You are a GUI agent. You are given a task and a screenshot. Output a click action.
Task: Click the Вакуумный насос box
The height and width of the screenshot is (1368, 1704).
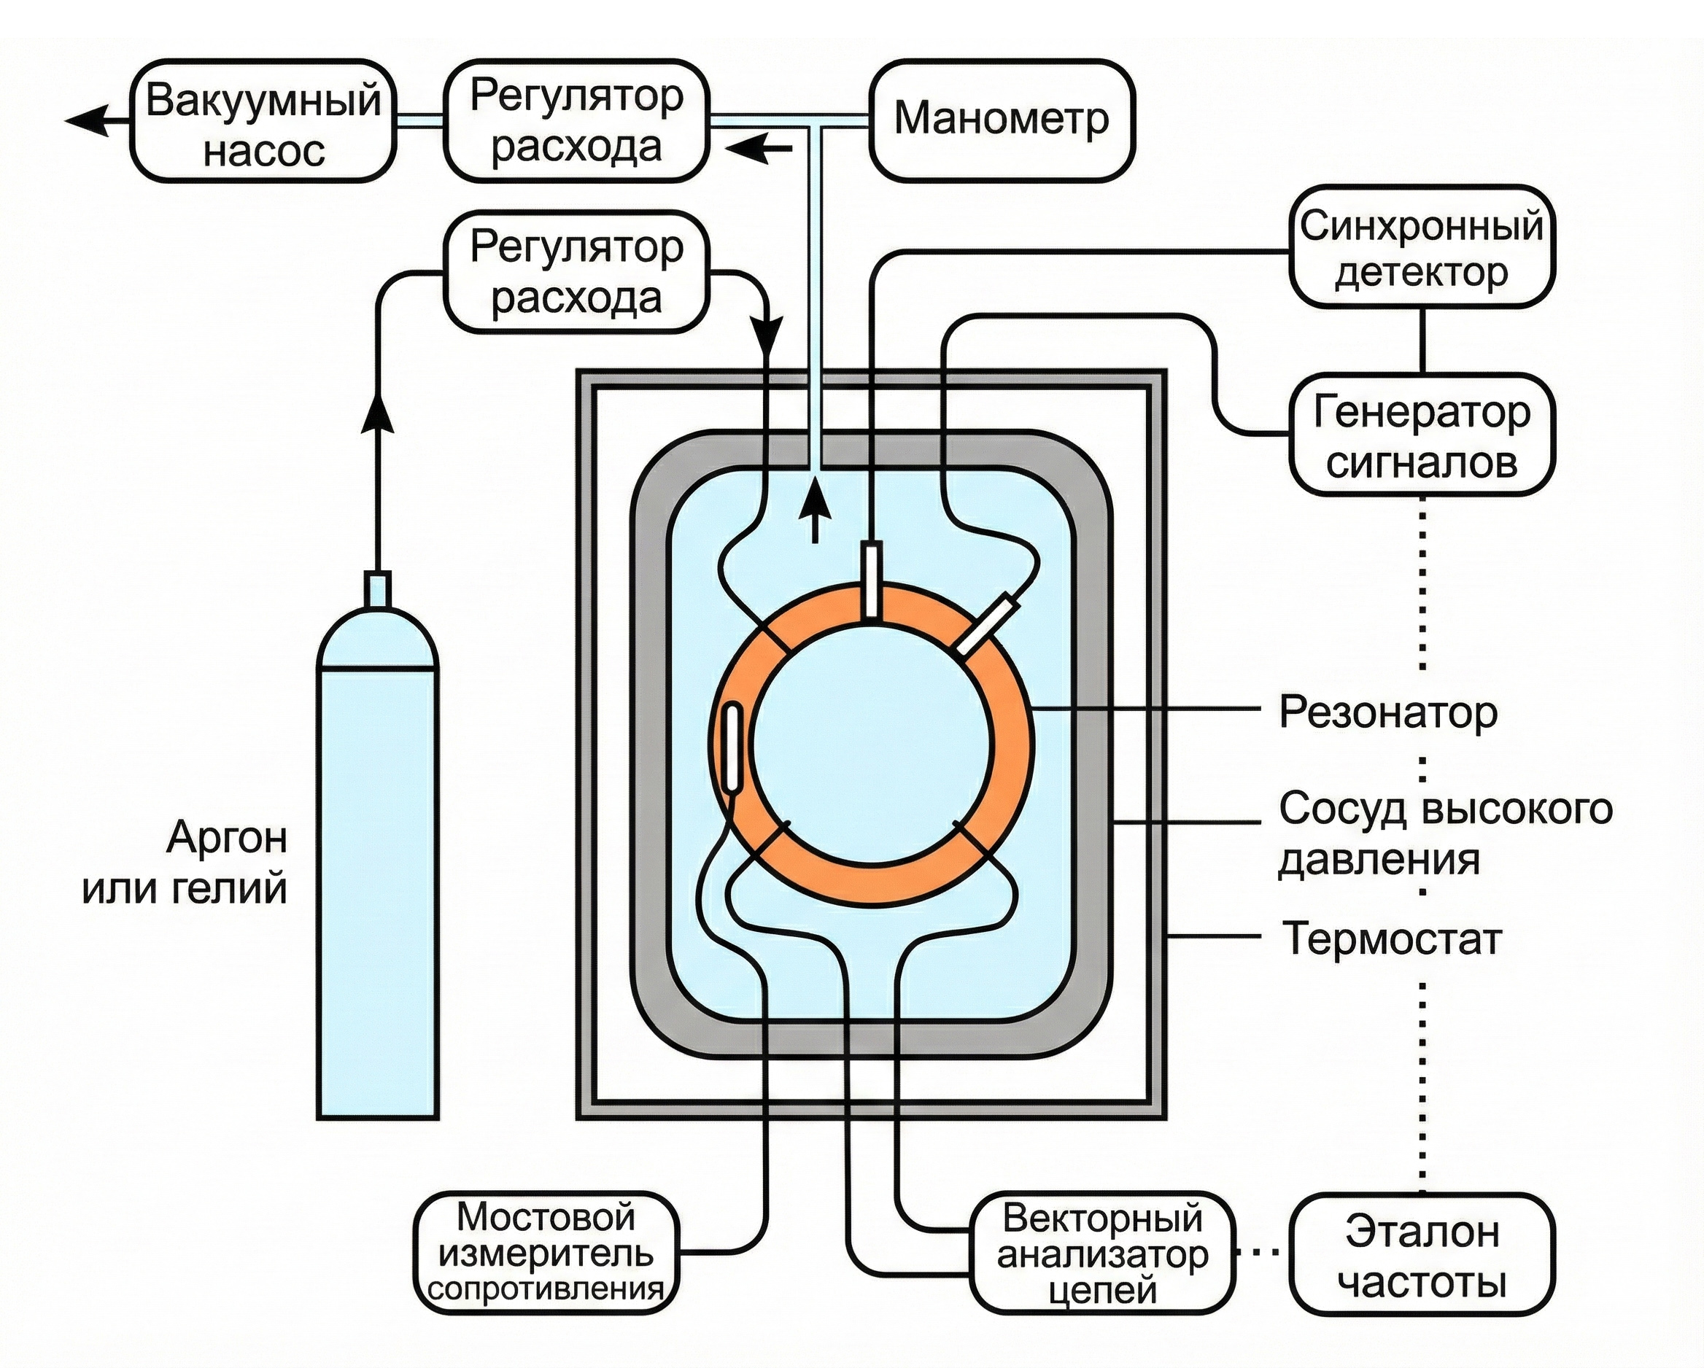[263, 122]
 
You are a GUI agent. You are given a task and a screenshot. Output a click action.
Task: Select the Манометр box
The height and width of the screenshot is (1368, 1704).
[1002, 120]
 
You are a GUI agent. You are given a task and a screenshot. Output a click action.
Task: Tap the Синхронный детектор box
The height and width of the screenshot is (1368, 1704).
[1421, 246]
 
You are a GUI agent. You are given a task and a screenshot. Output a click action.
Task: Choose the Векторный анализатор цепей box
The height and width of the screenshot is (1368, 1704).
[1101, 1254]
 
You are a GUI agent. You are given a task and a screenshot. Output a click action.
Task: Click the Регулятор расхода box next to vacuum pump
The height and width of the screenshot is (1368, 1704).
[576, 122]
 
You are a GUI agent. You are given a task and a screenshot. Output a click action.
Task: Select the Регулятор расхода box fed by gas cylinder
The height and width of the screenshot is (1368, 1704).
[576, 272]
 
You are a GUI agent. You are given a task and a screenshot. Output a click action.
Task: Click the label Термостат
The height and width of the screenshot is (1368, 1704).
[1391, 938]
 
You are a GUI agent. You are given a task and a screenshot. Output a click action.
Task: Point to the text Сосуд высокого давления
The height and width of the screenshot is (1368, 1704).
[1445, 833]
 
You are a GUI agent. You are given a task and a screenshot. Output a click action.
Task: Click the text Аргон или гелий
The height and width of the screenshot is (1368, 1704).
[185, 862]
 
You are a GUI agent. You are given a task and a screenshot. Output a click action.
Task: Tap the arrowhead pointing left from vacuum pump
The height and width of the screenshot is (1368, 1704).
[87, 122]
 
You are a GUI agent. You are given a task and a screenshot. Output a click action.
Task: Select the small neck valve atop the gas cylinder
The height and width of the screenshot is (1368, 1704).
[376, 589]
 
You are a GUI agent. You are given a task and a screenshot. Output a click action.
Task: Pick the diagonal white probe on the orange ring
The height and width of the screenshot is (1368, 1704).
[988, 624]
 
